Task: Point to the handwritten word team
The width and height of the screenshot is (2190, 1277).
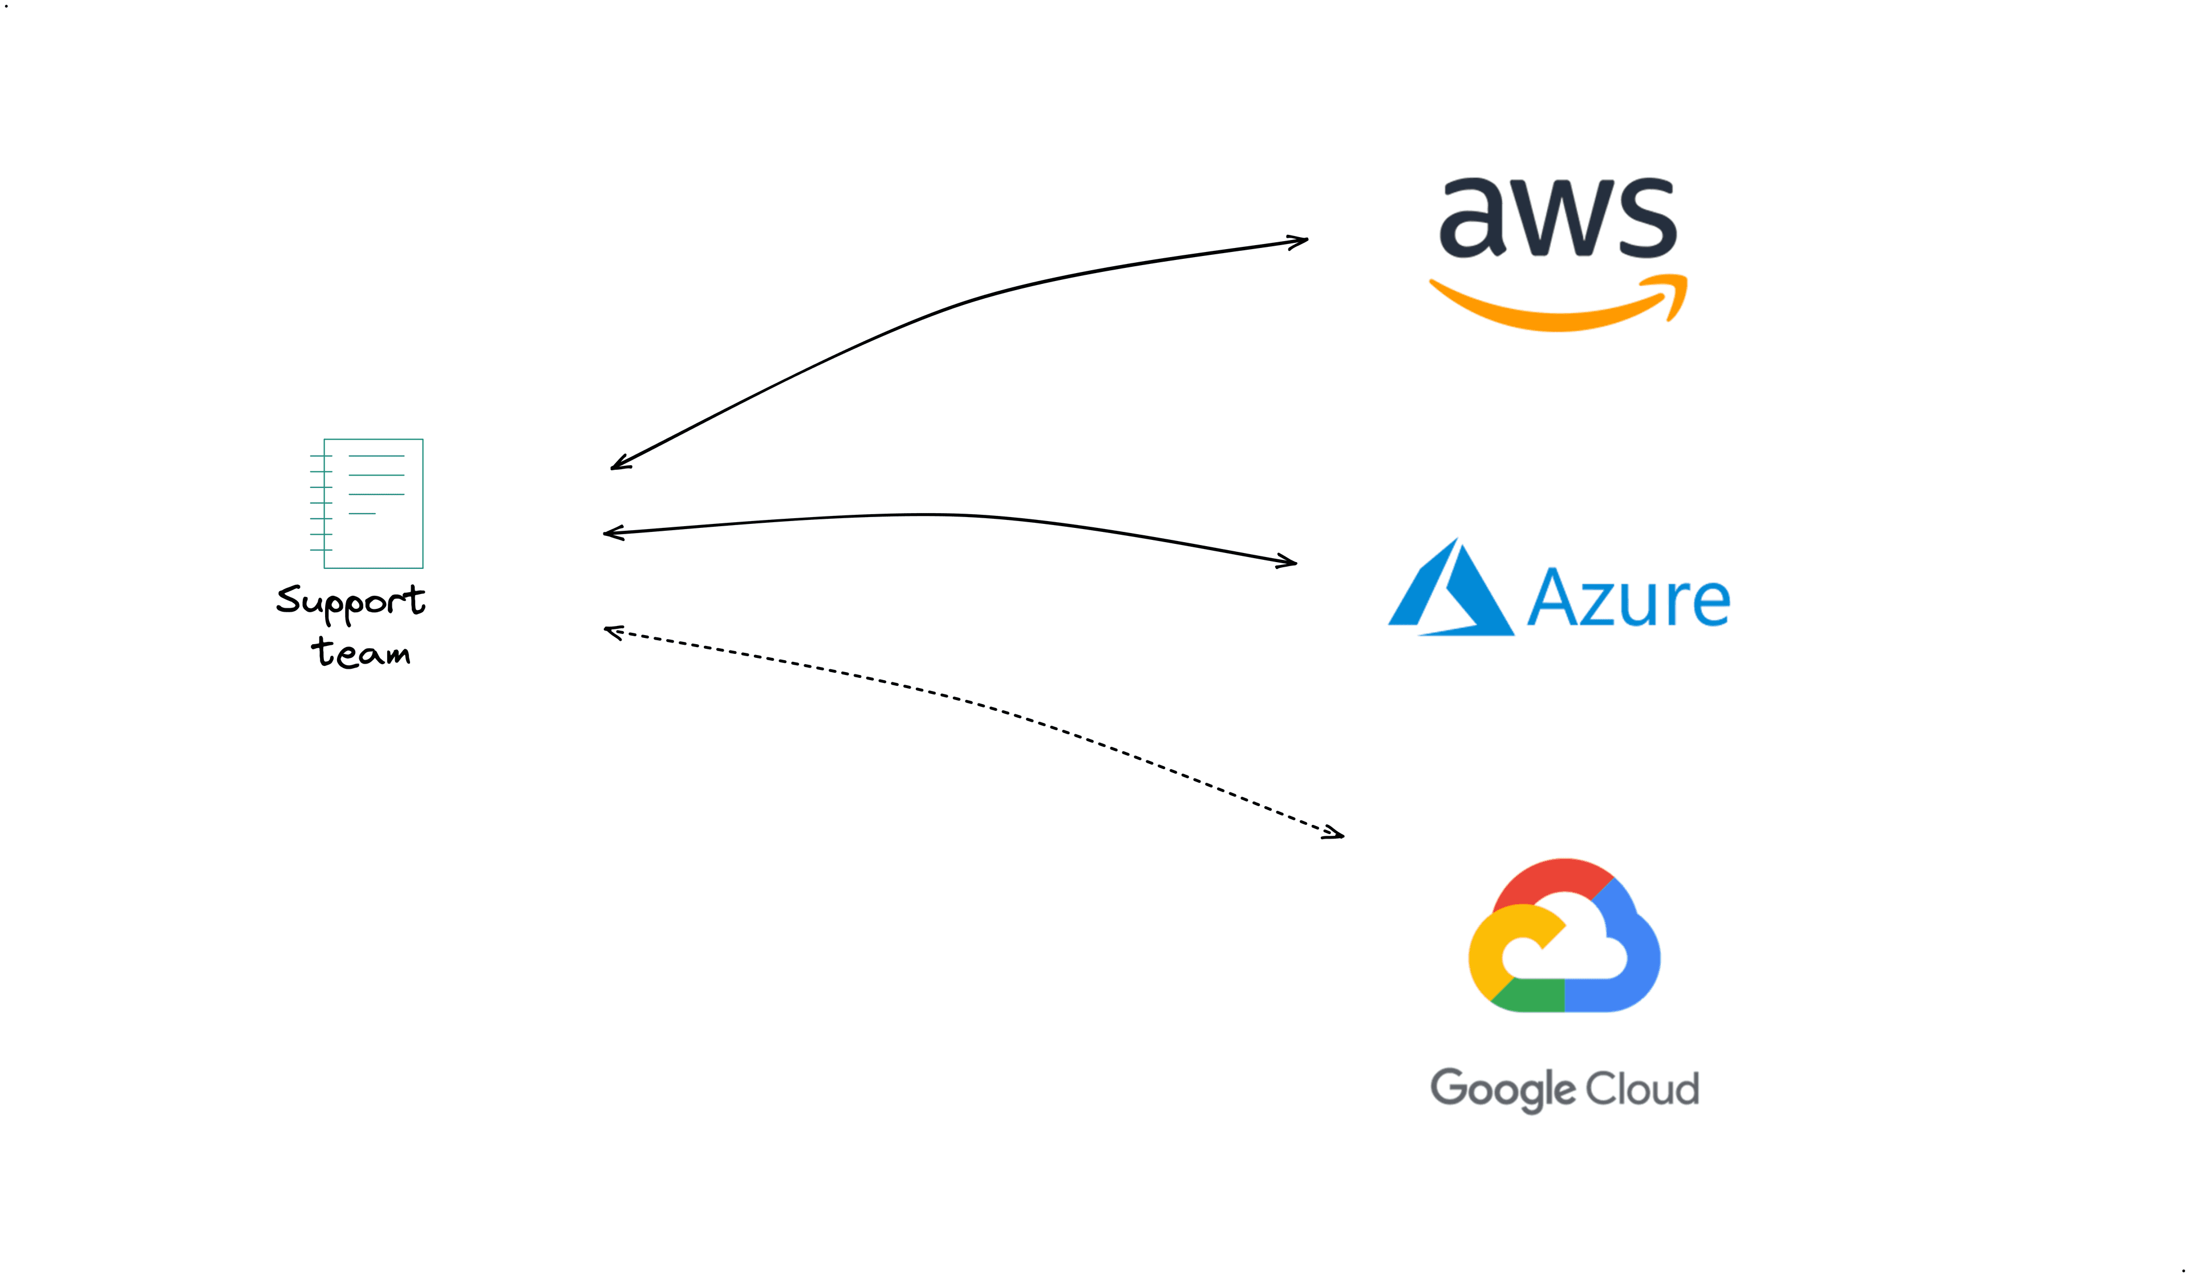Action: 360,652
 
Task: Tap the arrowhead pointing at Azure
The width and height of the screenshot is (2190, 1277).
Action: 1289,562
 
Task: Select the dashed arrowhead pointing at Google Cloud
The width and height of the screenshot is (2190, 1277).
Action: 1336,835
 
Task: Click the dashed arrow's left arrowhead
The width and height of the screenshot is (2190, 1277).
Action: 612,632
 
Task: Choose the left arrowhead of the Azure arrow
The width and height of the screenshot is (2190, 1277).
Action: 611,532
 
